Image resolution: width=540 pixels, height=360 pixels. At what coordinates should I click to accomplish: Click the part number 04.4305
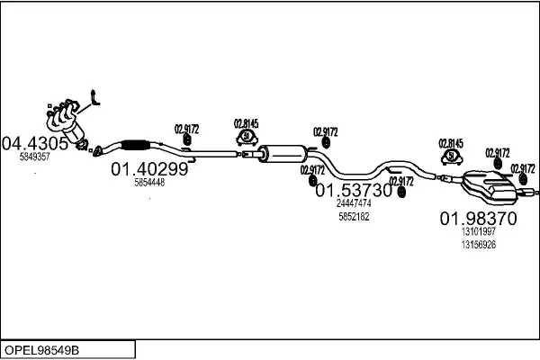(35, 142)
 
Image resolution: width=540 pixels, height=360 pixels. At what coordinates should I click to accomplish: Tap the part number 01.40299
(149, 168)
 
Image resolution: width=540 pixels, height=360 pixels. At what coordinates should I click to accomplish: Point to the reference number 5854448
(149, 182)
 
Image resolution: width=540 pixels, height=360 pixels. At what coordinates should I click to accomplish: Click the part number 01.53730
(354, 191)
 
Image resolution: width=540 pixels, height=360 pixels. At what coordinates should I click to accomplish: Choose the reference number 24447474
(354, 204)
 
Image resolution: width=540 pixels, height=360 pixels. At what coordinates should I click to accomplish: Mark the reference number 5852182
(354, 217)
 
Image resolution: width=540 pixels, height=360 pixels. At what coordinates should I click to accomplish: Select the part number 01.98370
(478, 218)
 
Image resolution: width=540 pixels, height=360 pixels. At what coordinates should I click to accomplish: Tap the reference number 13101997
(478, 232)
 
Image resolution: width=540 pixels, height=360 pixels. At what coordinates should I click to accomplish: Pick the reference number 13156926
(478, 245)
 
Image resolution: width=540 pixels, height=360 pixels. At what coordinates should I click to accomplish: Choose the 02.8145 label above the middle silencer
(246, 123)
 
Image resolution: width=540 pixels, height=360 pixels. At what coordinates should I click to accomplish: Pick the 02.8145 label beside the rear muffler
(450, 143)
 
